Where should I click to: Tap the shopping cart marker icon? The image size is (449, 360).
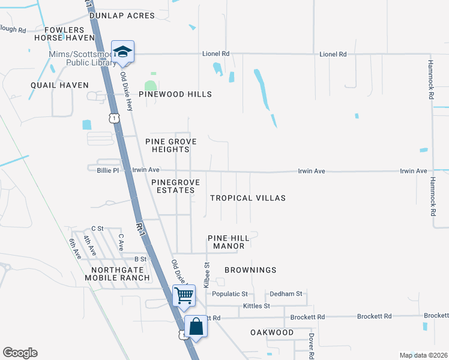point(184,295)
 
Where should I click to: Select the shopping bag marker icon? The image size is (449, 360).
point(196,327)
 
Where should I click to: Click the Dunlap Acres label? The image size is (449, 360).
point(122,16)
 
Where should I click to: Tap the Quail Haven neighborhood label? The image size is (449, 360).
point(59,85)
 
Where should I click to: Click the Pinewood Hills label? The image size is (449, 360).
point(175,94)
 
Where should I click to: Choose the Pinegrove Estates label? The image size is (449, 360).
point(173,185)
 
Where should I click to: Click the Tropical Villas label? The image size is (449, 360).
point(247,198)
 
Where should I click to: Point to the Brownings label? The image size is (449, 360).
point(250,270)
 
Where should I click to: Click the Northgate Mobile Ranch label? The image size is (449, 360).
point(117,273)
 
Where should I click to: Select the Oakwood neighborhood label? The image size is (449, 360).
point(272,332)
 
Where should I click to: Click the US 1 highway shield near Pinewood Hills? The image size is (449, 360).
point(113,119)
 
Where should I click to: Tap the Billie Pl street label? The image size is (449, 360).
point(108,170)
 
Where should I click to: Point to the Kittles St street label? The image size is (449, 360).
point(256,306)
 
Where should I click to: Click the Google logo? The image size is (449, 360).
point(20,353)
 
